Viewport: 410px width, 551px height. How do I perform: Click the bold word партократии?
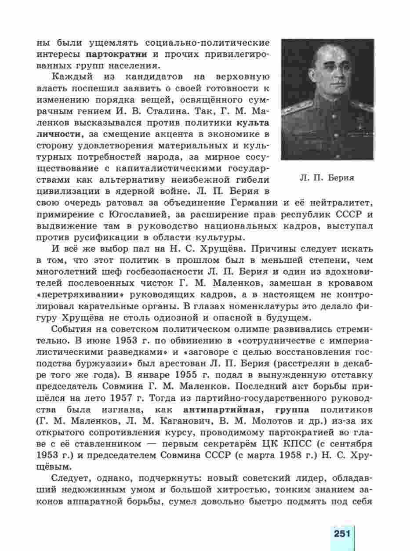(x=117, y=55)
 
